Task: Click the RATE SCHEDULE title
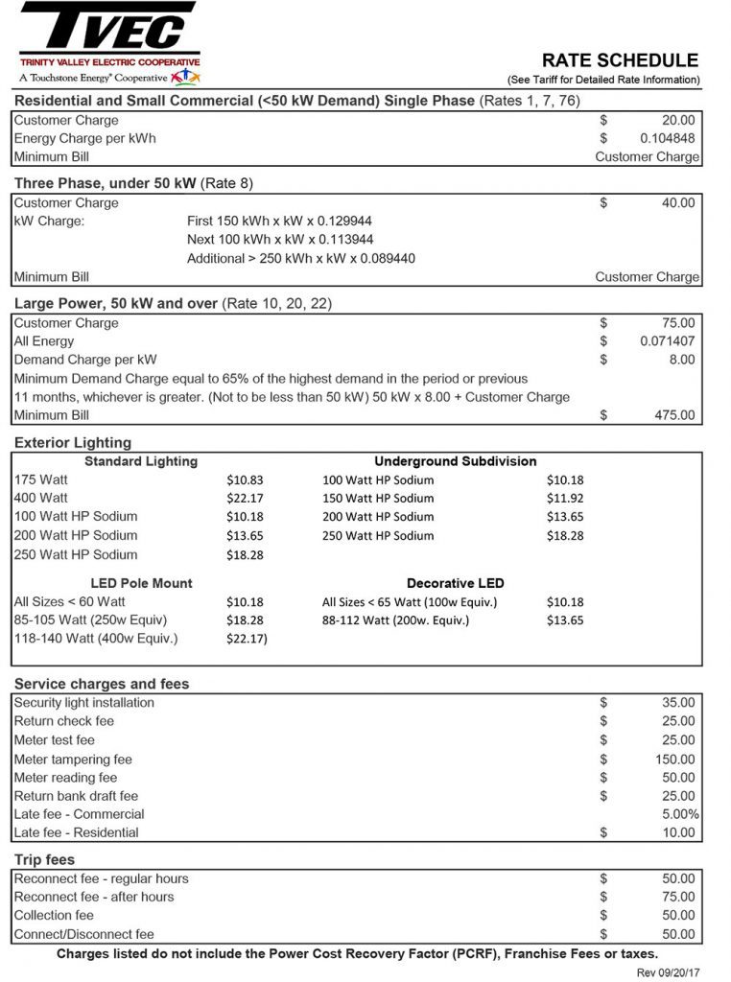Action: point(620,60)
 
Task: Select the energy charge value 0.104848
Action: point(667,138)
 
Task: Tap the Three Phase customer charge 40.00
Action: point(678,202)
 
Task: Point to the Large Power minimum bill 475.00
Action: point(674,415)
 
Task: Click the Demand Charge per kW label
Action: point(85,360)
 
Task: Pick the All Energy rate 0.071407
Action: point(668,341)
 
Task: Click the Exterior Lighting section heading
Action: point(73,442)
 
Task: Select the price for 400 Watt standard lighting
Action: point(245,498)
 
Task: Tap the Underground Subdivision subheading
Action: point(455,461)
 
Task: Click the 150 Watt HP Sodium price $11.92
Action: point(565,498)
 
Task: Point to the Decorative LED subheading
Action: point(455,583)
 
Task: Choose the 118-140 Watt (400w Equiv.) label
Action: point(96,639)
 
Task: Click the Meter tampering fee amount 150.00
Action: point(674,759)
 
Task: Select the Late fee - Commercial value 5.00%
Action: point(679,814)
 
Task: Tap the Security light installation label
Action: point(84,703)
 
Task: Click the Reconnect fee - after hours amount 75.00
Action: point(678,897)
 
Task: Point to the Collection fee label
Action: point(54,916)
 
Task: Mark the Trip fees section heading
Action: point(44,859)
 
